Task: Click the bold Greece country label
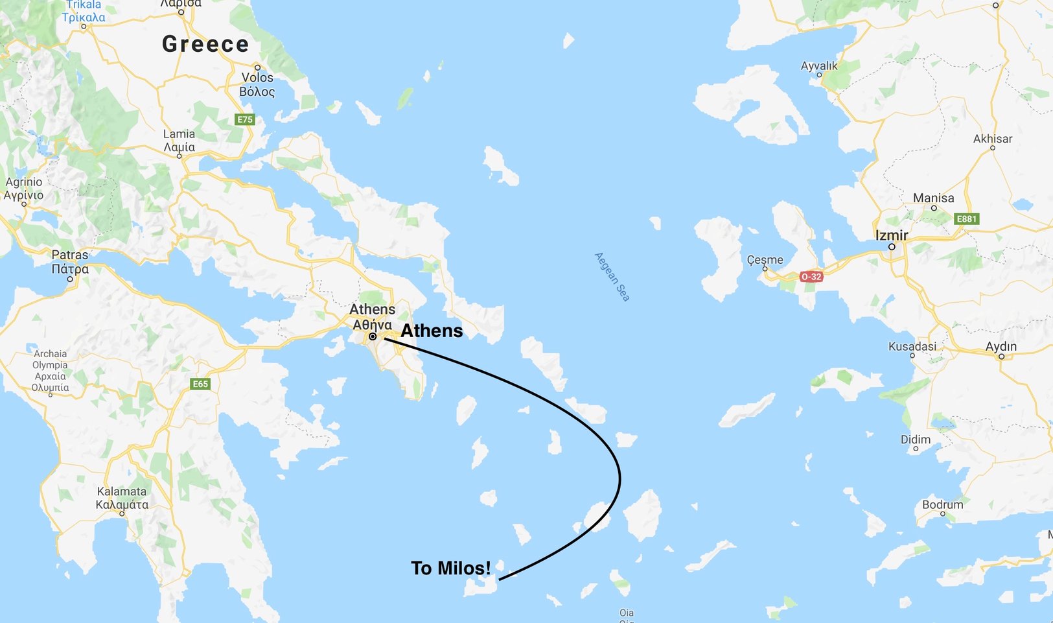point(205,44)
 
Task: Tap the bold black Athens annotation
point(432,331)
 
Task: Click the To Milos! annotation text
point(451,568)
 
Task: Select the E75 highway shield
point(245,119)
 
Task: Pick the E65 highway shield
point(201,384)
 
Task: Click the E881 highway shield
point(967,219)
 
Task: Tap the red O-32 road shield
point(811,277)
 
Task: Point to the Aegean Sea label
point(612,277)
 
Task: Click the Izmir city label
point(892,235)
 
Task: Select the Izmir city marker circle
point(892,247)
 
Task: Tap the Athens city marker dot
point(373,336)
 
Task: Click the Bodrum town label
point(943,504)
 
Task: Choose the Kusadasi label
point(912,346)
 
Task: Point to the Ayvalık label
point(819,65)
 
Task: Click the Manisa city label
point(934,198)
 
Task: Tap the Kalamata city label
point(122,498)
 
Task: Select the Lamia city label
point(179,141)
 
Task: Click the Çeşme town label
point(765,259)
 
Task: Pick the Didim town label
point(916,439)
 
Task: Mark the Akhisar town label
point(993,139)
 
